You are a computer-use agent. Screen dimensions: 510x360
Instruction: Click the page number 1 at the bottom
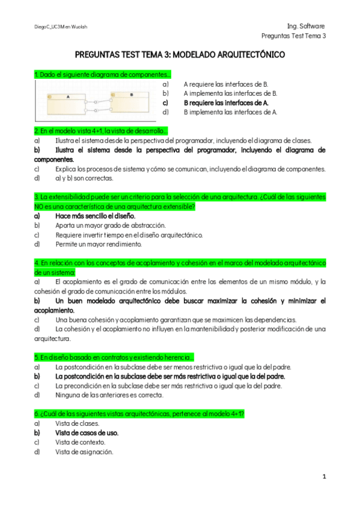[324, 477]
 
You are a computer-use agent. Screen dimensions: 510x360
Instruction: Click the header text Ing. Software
[306, 26]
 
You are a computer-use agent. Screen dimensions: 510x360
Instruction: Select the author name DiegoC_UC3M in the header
[48, 27]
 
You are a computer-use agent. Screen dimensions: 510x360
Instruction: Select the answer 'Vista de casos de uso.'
[87, 432]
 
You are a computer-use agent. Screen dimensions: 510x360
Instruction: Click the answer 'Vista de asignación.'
[84, 452]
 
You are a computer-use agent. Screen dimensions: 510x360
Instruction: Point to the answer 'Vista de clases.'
[77, 423]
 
